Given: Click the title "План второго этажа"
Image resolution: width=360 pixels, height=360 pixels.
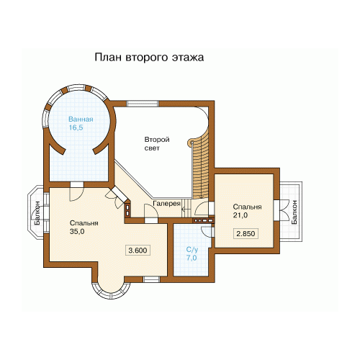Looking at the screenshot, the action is (x=149, y=58).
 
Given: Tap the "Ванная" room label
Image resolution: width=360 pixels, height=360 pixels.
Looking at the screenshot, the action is (x=81, y=120).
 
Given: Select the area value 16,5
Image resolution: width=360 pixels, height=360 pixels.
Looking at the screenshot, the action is (x=76, y=127).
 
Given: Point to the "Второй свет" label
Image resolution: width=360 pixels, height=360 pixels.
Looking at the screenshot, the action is (x=157, y=143).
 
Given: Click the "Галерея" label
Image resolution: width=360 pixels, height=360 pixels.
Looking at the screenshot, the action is (x=166, y=204).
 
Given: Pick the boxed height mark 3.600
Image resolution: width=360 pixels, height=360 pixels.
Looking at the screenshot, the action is (x=138, y=251).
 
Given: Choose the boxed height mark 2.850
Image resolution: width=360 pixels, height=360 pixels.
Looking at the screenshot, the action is (x=246, y=233).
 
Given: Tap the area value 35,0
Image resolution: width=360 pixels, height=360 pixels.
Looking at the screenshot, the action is (x=77, y=232).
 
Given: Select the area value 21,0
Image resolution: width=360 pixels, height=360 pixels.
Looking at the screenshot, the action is (x=240, y=215).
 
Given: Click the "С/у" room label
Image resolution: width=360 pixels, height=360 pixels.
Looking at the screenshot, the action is (x=192, y=250).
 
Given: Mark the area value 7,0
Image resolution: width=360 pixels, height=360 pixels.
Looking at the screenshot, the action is (x=192, y=258).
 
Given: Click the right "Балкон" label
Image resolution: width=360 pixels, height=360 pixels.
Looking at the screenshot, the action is (x=294, y=212).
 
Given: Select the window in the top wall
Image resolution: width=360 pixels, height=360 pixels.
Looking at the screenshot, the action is (x=143, y=104).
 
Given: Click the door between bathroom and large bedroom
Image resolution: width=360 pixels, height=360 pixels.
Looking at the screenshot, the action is (x=76, y=191).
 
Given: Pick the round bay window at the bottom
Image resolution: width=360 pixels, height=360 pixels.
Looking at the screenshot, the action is (x=111, y=292).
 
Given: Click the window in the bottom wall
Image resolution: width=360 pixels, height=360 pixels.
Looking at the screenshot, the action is (x=151, y=279).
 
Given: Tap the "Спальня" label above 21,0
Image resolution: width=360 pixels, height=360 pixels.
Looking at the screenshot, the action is (x=247, y=207).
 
